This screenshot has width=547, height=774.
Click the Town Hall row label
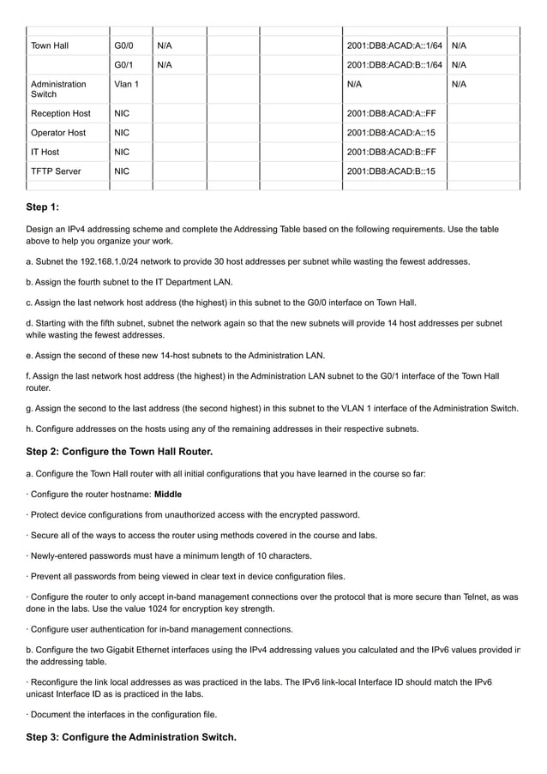pyautogui.click(x=50, y=45)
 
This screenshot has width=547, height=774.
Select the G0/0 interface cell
pyautogui.click(x=123, y=45)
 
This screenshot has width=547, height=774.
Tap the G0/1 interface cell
pyautogui.click(x=123, y=64)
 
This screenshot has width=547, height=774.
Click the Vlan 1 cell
pyautogui.click(x=126, y=84)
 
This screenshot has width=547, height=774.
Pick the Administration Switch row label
pyautogui.click(x=57, y=89)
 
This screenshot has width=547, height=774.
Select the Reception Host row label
pyautogui.click(x=60, y=113)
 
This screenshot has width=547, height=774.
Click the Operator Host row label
pyautogui.click(x=58, y=133)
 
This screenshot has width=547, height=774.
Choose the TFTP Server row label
pyautogui.click(x=56, y=171)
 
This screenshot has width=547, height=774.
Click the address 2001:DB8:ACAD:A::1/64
pyautogui.click(x=394, y=45)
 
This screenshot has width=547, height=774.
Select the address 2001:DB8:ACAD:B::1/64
pyautogui.click(x=394, y=64)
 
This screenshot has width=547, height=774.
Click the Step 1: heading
pyautogui.click(x=43, y=207)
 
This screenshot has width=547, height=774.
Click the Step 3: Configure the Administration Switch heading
pyautogui.click(x=131, y=736)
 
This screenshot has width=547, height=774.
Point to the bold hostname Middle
pyautogui.click(x=168, y=495)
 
